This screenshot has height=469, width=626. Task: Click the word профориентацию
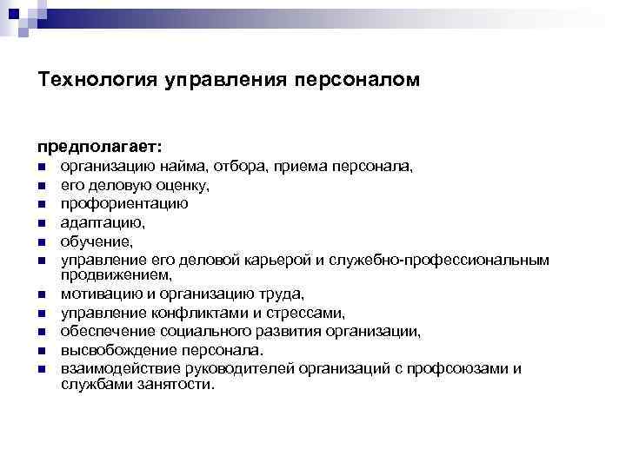(x=123, y=204)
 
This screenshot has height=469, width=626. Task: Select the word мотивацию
(x=97, y=294)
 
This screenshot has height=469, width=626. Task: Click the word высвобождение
(x=112, y=351)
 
